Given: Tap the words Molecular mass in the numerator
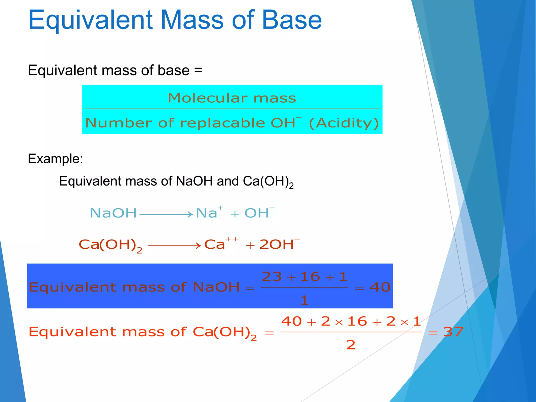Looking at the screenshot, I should tap(232, 98).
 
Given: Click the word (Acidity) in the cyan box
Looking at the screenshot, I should tap(344, 123).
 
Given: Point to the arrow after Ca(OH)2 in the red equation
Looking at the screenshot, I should tap(174, 245).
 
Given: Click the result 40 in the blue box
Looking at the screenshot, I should tap(380, 287).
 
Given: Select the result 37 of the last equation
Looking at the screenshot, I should tap(453, 332).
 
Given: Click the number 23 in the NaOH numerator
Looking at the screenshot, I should tap(272, 277).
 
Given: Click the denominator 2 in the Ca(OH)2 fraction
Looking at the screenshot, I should tap(351, 345).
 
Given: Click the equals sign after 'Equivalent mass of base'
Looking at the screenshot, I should tap(198, 70).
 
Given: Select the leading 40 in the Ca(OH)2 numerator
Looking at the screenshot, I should tap(291, 321).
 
